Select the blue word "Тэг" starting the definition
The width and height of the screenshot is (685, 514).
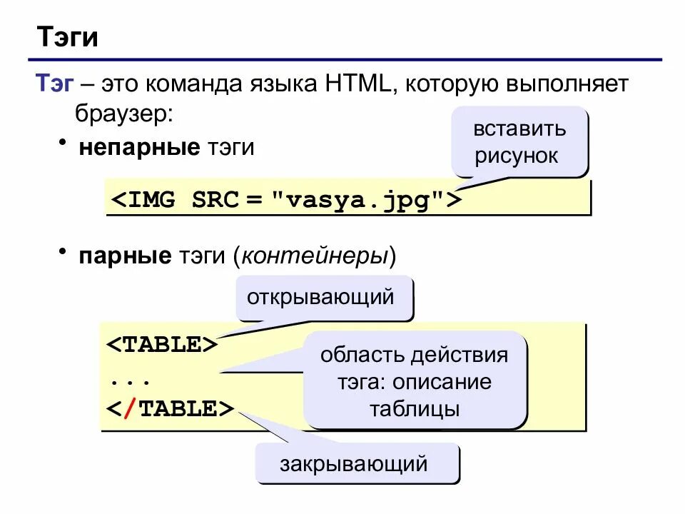coord(56,84)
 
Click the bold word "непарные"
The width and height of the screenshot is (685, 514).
coord(139,148)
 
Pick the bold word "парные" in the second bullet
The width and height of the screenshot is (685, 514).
coord(125,256)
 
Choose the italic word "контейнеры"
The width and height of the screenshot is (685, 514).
coord(313,256)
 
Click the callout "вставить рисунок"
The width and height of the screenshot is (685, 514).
coord(519,142)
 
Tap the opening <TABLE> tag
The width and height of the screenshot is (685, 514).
coord(163,344)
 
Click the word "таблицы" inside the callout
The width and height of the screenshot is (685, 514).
coord(415,410)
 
